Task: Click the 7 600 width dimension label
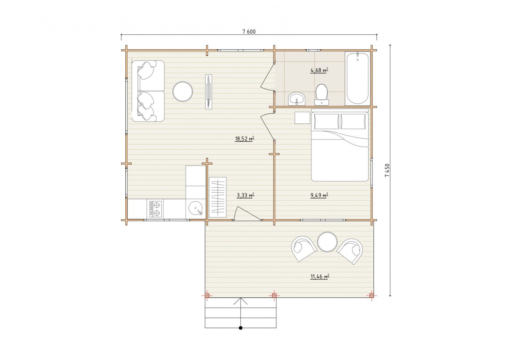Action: tap(249, 32)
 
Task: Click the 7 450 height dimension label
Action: tap(387, 170)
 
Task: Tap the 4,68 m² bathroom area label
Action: tap(319, 70)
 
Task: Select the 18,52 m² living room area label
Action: tap(245, 139)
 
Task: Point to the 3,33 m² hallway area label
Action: tap(245, 195)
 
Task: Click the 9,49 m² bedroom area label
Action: tap(319, 195)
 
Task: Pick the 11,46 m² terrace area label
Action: tap(320, 276)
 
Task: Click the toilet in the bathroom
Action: tap(322, 95)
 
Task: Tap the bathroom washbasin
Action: tap(296, 99)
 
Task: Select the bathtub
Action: tap(358, 79)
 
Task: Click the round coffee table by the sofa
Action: tap(183, 92)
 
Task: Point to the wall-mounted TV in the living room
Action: tap(209, 92)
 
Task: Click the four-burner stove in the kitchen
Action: tap(156, 209)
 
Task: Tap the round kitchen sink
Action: tap(196, 209)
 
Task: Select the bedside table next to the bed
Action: tap(303, 118)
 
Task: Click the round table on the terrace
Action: tap(327, 242)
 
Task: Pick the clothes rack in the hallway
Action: tap(218, 197)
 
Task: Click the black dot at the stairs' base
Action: tap(241, 328)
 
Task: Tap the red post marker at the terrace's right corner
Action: tap(372, 295)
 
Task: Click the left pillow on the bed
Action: tap(326, 121)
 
